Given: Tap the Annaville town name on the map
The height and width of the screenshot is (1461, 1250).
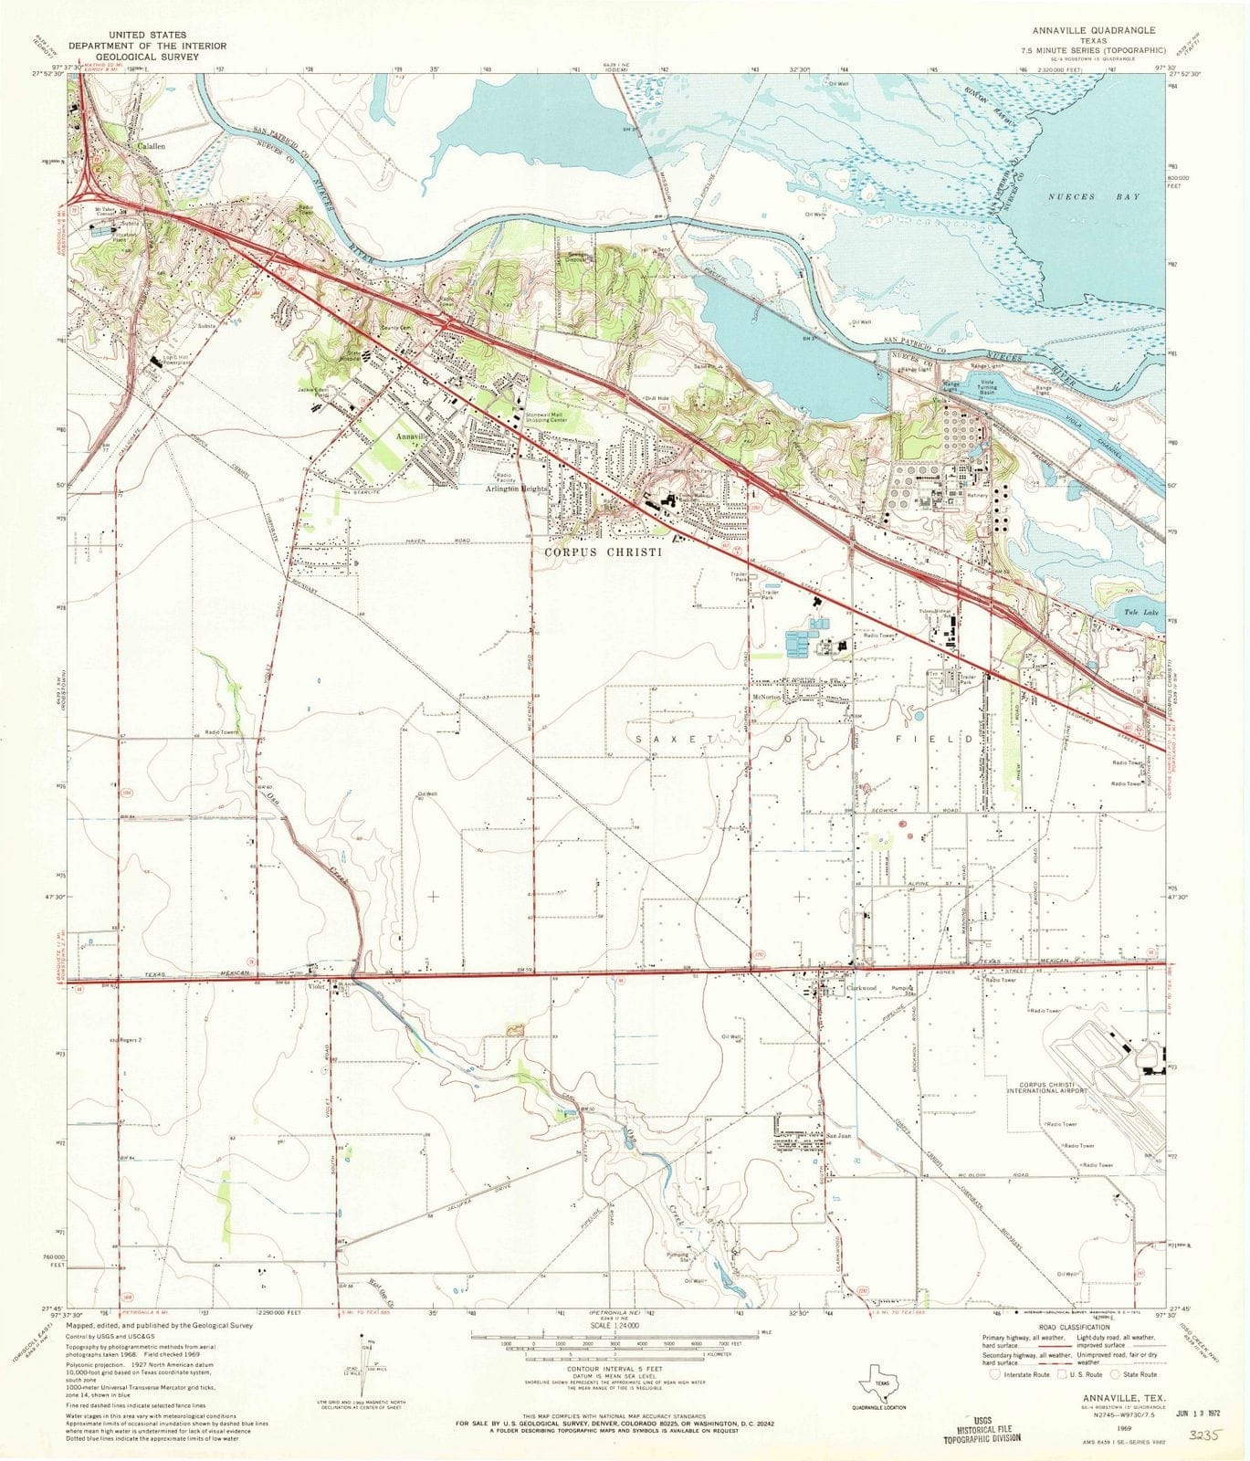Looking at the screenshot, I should point(410,437).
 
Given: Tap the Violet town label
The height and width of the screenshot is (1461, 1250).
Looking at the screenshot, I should point(316,986).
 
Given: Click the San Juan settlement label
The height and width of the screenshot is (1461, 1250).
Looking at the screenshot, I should point(838,1136).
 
